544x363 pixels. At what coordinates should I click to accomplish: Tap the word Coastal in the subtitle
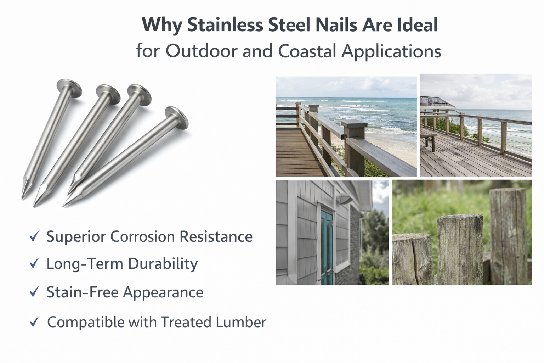pos(307,51)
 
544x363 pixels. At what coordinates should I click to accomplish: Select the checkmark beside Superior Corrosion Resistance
pos(34,236)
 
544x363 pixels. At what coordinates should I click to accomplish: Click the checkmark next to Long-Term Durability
pos(34,263)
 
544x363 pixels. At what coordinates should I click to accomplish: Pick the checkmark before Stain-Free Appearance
pos(34,292)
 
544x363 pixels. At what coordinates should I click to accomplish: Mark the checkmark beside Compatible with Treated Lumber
pos(34,322)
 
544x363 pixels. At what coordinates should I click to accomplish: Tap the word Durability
pos(163,264)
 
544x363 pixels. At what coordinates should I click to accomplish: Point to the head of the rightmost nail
pos(177,117)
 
